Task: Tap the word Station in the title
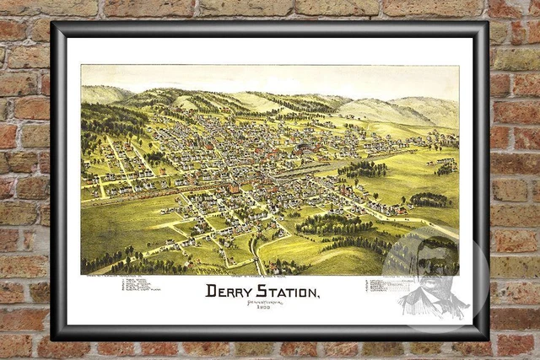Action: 286,292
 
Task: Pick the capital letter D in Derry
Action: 212,292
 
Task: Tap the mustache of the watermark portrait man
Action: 429,281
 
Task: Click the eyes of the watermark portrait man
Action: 429,267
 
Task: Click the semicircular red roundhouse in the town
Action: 234,189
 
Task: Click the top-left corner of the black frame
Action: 53,24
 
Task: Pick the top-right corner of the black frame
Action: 487,24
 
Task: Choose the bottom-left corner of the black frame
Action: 53,338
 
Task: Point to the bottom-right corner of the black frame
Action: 487,338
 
